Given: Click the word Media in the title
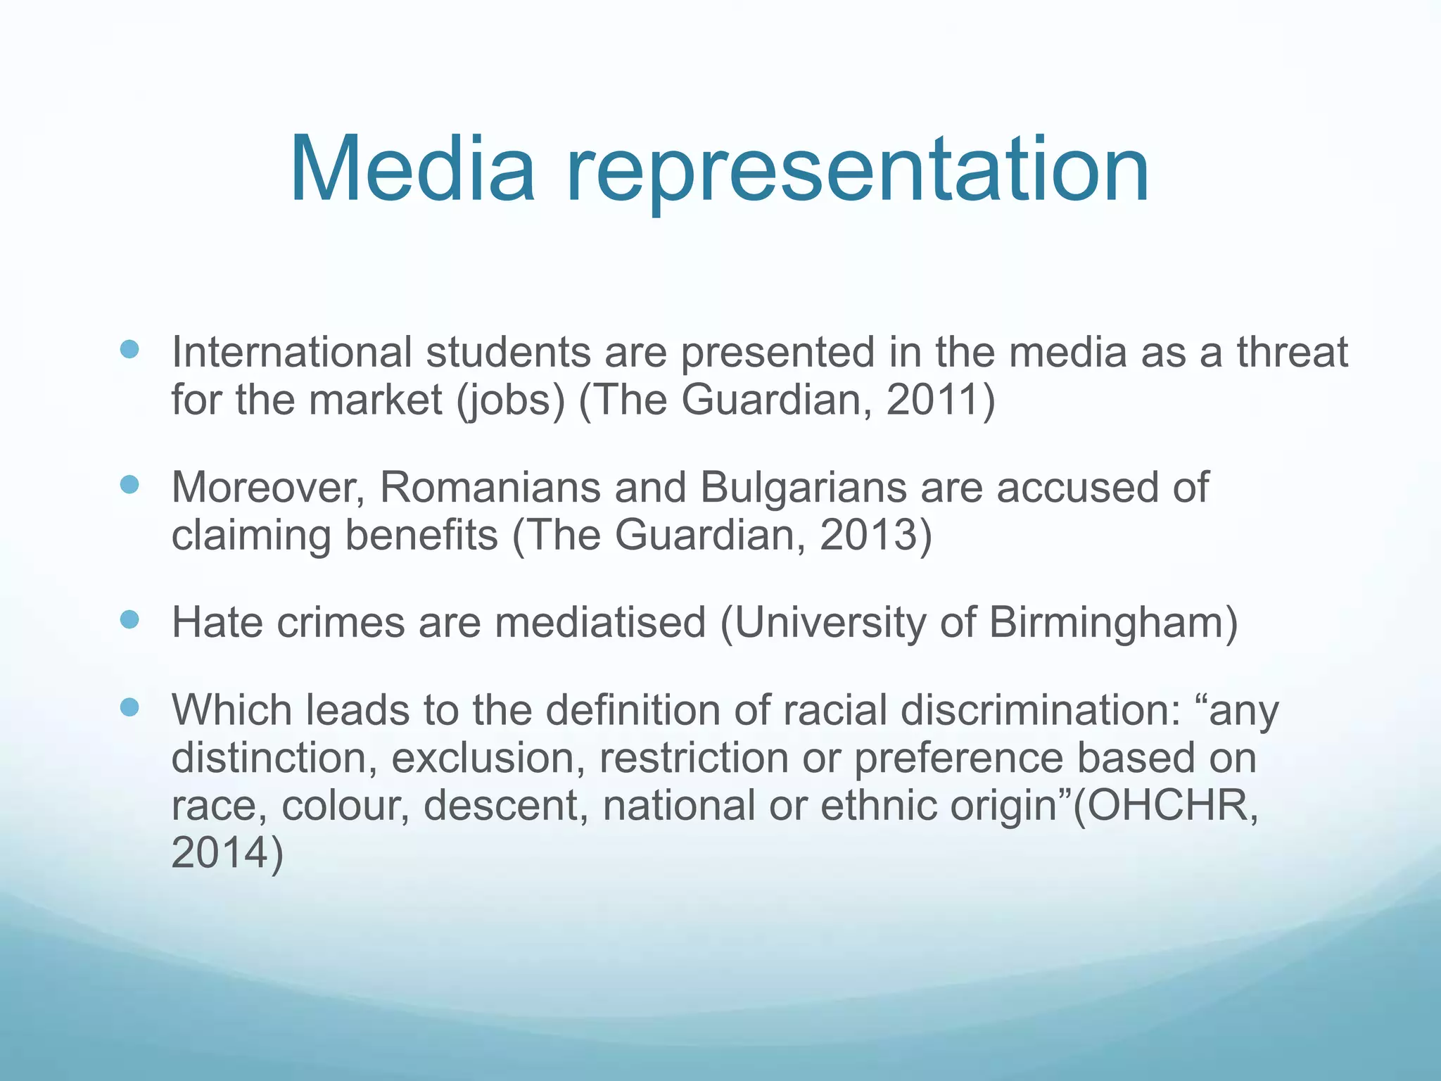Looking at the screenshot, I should tap(412, 171).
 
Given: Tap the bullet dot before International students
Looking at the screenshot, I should tap(129, 350).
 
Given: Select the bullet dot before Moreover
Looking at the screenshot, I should tap(129, 485).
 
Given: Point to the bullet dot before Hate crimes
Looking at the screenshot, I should tap(129, 619).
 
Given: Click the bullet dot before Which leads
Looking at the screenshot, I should tap(129, 707).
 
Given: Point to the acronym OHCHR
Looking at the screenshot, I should tap(1167, 805).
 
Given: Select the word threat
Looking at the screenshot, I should tap(1293, 351).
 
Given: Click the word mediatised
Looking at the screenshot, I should tap(600, 622).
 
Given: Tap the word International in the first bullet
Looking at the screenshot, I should tap(291, 351).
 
